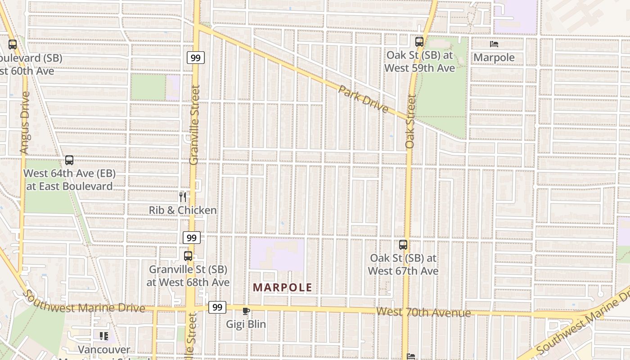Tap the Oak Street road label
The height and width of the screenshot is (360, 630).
(409, 121)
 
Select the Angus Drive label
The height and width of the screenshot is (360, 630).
(25, 122)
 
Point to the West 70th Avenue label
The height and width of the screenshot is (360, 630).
(423, 312)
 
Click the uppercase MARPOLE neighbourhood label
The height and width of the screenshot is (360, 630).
(282, 287)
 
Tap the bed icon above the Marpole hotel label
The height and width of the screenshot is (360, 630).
(494, 44)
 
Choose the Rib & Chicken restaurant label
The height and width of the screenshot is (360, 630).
(183, 210)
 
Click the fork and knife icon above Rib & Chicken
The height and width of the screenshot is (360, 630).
(182, 197)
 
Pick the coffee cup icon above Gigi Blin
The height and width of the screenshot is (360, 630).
(246, 311)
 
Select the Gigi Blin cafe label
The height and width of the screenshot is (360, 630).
(246, 324)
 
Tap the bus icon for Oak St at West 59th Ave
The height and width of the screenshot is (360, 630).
(419, 42)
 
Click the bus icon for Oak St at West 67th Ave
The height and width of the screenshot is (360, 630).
(403, 245)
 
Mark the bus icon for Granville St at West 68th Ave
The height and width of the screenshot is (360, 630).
(188, 256)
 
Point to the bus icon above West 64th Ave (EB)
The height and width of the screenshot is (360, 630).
(69, 160)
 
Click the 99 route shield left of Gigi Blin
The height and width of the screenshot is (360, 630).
(217, 307)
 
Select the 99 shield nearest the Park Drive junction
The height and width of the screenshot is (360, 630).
(196, 58)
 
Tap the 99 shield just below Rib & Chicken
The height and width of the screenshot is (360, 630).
(192, 238)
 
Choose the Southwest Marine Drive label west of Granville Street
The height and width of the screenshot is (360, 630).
(83, 303)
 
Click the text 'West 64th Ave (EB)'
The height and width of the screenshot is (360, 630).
(69, 173)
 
